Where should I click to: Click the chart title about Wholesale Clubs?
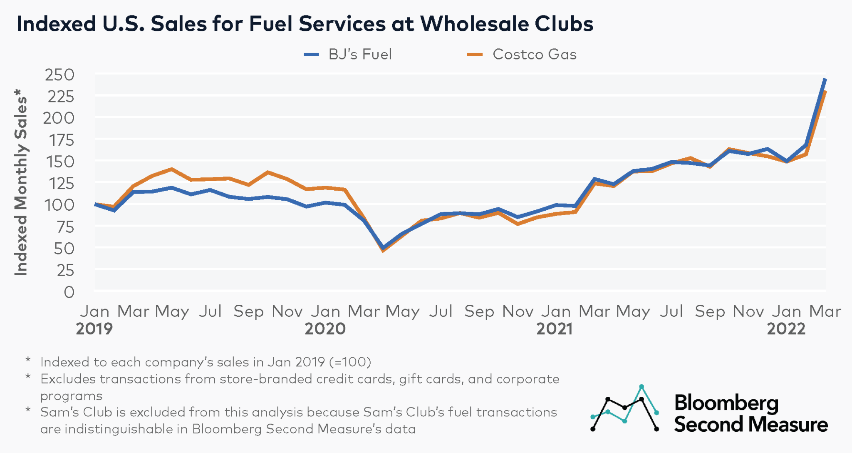point(305,24)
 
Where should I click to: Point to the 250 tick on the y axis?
point(60,75)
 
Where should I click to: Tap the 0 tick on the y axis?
point(69,292)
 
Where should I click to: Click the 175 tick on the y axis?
point(62,141)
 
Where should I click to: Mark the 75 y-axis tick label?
point(65,227)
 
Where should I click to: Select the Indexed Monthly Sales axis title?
point(21,182)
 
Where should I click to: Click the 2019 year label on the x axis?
point(94,329)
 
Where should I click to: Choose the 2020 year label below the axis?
point(325,329)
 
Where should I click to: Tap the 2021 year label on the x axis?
point(555,329)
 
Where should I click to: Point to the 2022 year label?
point(786,329)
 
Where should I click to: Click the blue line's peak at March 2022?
point(825,79)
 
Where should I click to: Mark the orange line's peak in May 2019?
point(171,169)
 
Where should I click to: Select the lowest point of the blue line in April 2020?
point(383,248)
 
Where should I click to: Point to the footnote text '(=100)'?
point(350,362)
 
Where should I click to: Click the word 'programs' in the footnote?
point(71,396)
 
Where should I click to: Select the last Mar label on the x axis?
point(825,311)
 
